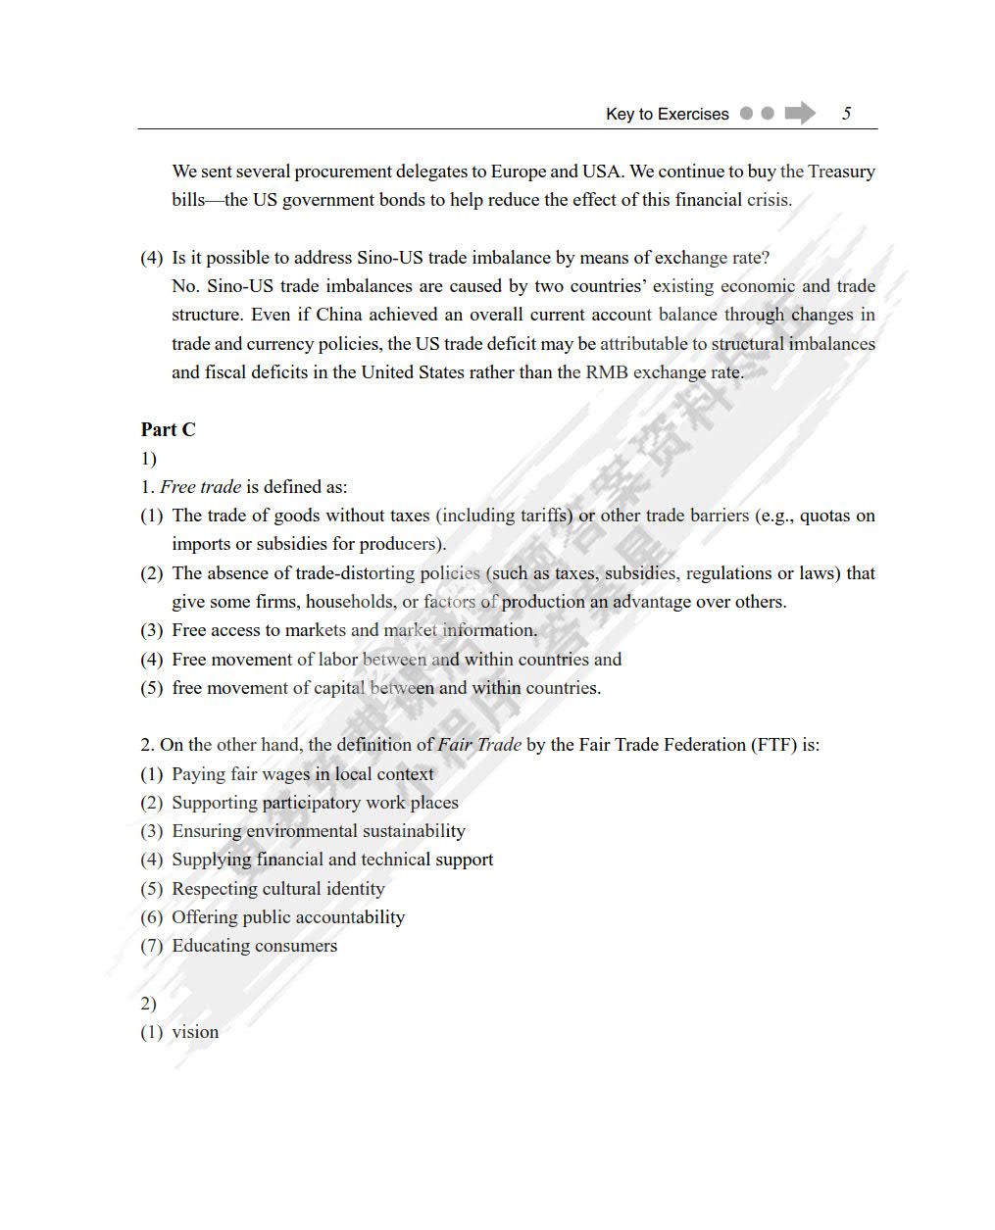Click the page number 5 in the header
coord(846,114)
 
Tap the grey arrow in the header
coord(800,113)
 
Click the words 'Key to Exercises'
coord(667,114)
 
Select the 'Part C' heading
coord(168,429)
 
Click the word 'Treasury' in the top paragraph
coord(841,172)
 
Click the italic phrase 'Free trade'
coord(200,487)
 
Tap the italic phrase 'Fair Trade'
coord(479,745)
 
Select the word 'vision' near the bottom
coord(195,1032)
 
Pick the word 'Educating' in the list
coord(209,946)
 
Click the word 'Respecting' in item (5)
coord(212,889)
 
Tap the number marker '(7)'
coord(151,946)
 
